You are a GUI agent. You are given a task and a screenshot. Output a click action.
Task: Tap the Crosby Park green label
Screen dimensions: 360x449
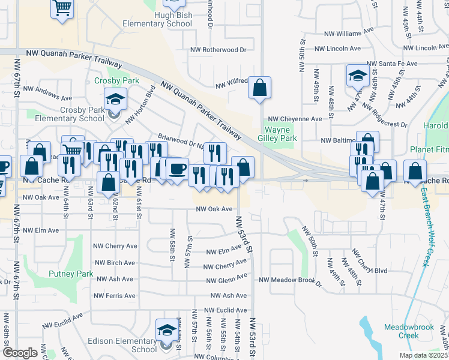(x=116, y=80)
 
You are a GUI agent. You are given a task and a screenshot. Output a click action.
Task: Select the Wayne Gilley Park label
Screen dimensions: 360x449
(x=278, y=134)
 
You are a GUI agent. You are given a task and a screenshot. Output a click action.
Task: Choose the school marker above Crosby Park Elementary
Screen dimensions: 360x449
(x=115, y=99)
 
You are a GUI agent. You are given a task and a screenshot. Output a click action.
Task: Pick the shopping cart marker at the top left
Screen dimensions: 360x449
(x=62, y=8)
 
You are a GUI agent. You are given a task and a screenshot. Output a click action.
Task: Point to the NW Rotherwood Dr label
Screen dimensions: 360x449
(x=218, y=50)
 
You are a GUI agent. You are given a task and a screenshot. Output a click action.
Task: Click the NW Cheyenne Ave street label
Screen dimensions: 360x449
(x=295, y=119)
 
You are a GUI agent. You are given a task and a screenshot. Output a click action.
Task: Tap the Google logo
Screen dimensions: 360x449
(x=20, y=352)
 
